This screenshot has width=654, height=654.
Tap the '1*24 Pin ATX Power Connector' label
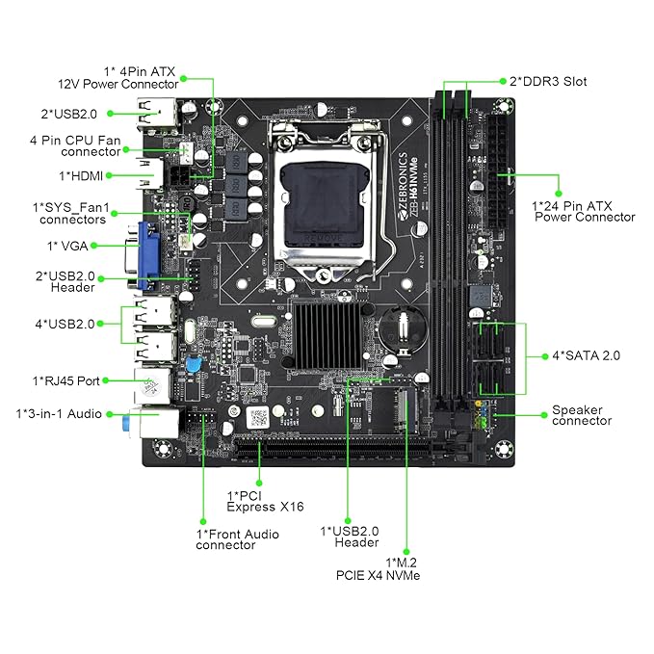pos(584,211)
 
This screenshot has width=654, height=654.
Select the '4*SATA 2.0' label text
pos(587,355)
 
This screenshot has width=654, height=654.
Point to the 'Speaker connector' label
pos(582,415)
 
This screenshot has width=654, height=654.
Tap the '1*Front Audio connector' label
pos(237,539)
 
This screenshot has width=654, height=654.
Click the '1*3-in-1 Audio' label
pos(61,414)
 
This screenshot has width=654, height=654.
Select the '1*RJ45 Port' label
pos(65,380)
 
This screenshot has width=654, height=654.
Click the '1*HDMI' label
pos(81,175)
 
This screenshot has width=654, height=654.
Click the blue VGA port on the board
pos(152,254)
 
